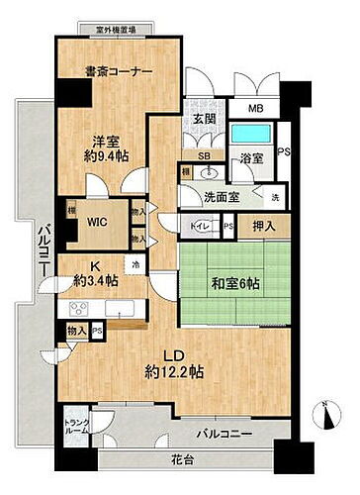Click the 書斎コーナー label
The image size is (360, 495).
point(118,71)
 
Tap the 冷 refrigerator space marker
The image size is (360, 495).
point(135,262)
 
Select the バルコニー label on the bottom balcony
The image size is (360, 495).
point(227,434)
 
